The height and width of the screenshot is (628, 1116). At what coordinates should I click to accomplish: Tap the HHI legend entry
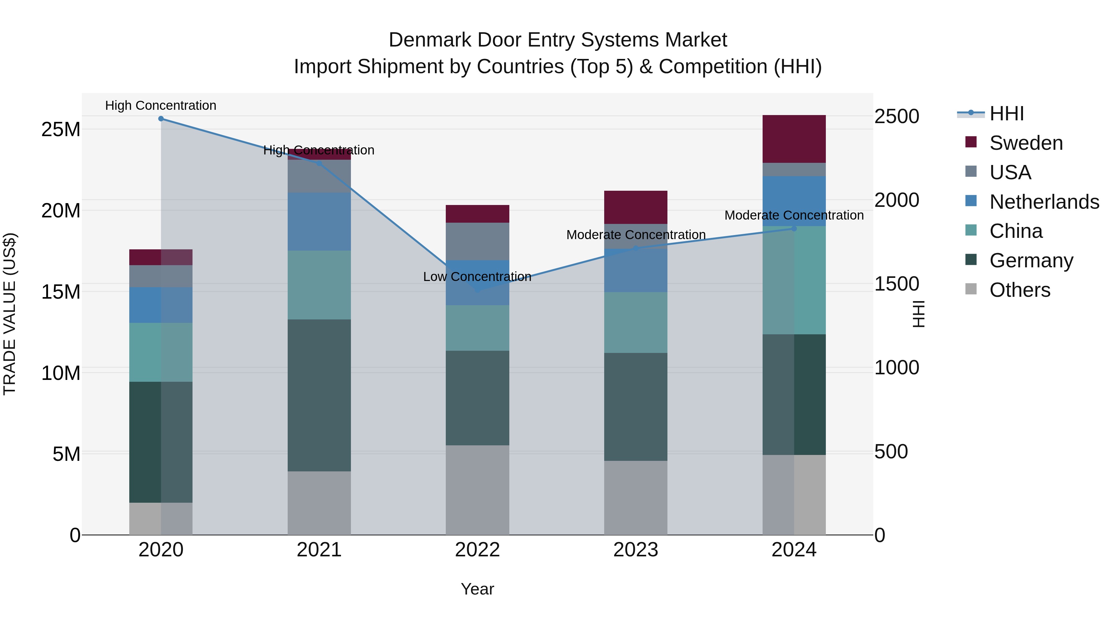(1006, 114)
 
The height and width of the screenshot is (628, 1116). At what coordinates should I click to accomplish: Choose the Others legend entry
(1019, 290)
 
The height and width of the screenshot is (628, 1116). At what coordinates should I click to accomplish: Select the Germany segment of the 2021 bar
(319, 395)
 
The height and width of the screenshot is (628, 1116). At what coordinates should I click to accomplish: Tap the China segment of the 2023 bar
(635, 323)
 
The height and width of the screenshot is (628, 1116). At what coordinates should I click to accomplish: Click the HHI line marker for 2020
(161, 119)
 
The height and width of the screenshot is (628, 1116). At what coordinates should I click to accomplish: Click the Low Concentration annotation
(477, 277)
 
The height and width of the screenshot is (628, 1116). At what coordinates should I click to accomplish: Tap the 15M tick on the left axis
(61, 292)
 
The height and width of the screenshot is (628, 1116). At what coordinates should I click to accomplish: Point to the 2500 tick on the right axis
(896, 117)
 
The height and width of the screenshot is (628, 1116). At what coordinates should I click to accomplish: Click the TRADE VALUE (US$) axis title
(10, 314)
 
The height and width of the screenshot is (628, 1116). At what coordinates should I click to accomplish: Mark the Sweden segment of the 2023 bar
(635, 207)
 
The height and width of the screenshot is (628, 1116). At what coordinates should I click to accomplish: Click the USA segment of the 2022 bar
(477, 241)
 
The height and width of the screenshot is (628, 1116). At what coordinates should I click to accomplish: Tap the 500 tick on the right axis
(891, 452)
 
